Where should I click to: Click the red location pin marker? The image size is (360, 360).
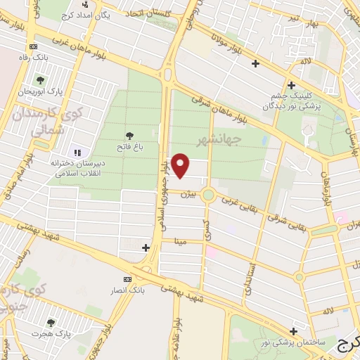(181, 165)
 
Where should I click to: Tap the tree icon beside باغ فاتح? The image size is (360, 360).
(129, 136)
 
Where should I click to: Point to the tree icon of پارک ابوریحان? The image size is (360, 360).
(40, 79)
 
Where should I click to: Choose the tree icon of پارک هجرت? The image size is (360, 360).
(50, 322)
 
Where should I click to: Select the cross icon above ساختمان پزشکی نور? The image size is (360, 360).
(293, 330)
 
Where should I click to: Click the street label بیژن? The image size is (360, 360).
(186, 193)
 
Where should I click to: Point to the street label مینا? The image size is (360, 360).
(181, 241)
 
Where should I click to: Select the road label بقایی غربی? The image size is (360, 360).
(241, 203)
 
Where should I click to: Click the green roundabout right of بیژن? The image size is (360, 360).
(208, 195)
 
